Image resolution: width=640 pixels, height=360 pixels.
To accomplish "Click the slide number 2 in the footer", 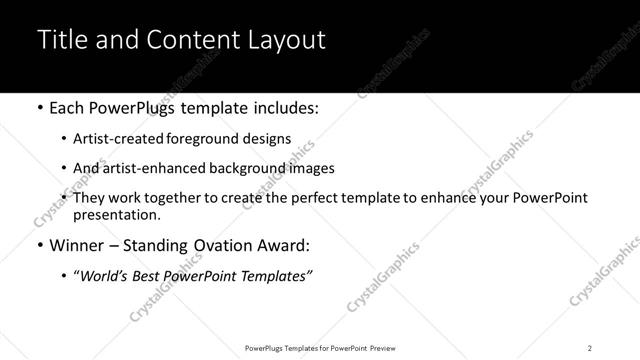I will pyautogui.click(x=590, y=348).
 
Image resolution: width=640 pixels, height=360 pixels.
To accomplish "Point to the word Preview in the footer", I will pyautogui.click(x=380, y=348).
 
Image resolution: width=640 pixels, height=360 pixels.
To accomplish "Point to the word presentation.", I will pyautogui.click(x=117, y=214).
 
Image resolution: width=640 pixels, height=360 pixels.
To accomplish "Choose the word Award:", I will pyautogui.click(x=283, y=245).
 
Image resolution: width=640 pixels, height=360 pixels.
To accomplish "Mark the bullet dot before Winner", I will pyautogui.click(x=39, y=245).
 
